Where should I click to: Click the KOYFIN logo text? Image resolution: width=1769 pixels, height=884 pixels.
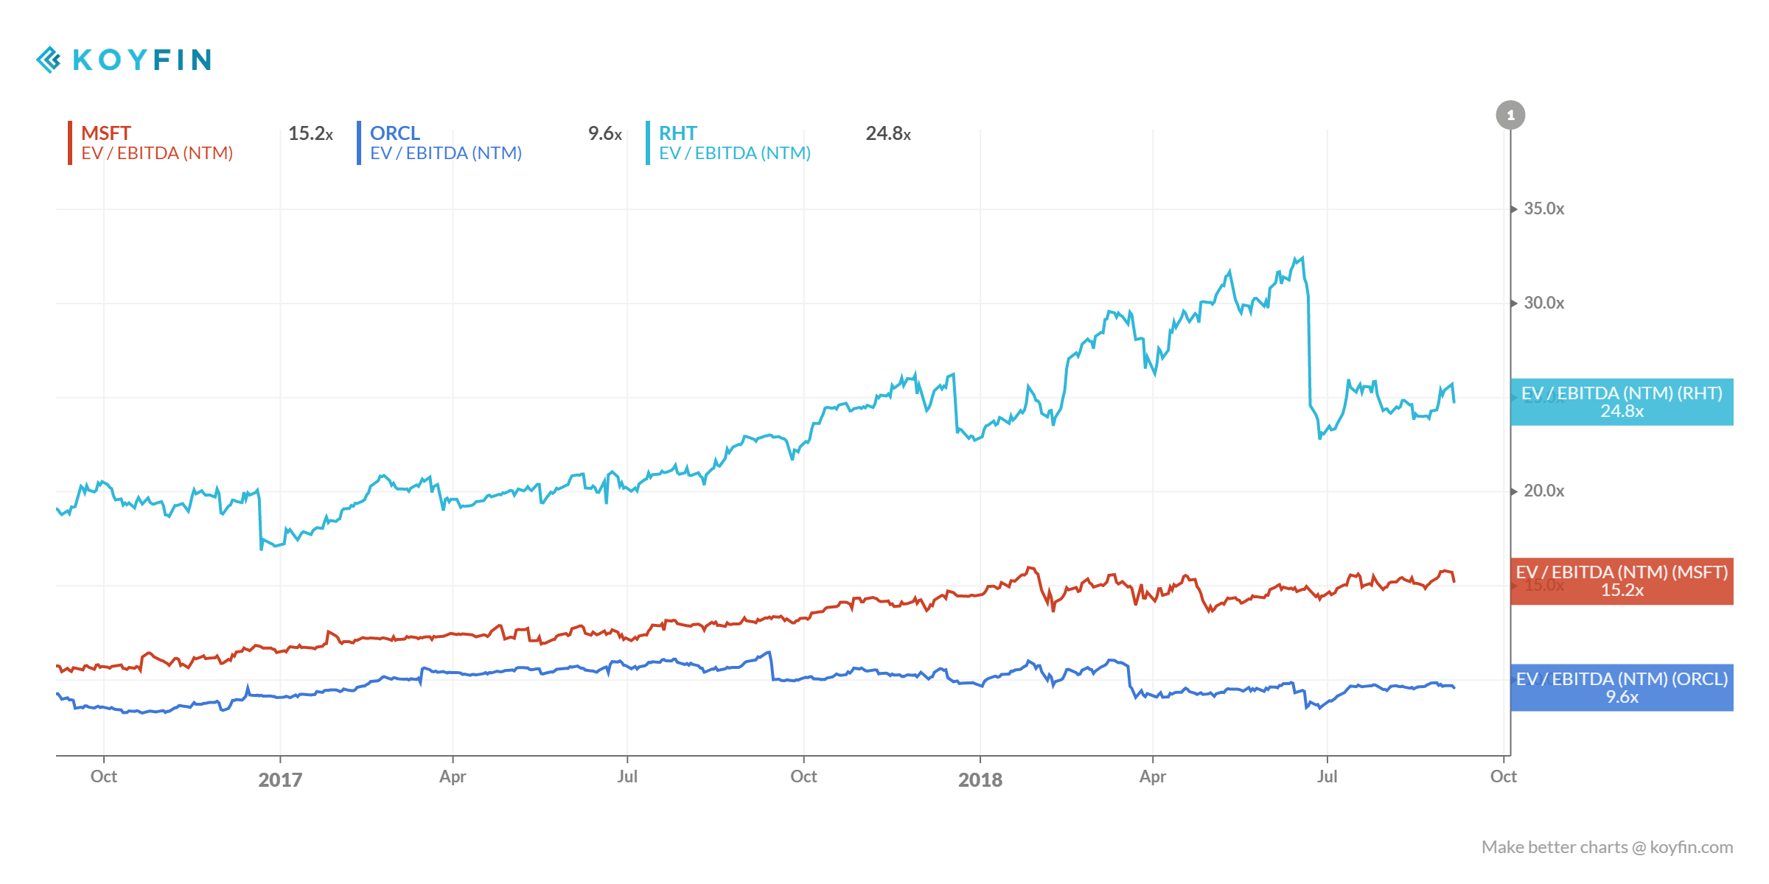click(x=142, y=60)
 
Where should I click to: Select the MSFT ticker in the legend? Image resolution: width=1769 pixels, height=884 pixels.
click(x=105, y=133)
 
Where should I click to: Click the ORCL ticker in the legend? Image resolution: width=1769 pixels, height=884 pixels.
click(x=394, y=133)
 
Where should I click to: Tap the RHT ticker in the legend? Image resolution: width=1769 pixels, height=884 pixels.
click(x=677, y=133)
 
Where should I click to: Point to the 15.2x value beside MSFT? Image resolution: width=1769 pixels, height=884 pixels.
click(x=310, y=133)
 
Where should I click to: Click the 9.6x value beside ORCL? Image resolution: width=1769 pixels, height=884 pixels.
click(x=604, y=133)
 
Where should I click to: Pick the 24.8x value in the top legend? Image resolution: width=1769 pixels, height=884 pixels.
click(x=887, y=133)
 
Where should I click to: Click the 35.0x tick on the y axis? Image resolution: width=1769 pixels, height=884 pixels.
click(x=1543, y=208)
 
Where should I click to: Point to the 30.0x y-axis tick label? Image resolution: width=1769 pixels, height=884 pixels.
click(x=1543, y=303)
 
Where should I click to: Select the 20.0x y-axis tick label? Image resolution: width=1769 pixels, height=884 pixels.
click(x=1543, y=491)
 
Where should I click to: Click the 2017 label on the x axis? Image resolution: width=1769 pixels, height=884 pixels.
click(x=280, y=779)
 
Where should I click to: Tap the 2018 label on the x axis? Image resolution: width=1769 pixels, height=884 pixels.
click(x=980, y=779)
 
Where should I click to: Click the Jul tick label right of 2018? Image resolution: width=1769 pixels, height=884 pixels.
click(x=1327, y=776)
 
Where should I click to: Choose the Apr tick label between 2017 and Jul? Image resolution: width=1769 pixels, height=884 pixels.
click(x=453, y=776)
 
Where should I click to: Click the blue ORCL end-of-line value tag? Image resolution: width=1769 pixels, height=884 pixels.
click(x=1622, y=687)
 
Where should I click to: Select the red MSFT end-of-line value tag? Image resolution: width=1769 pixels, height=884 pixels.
click(x=1622, y=581)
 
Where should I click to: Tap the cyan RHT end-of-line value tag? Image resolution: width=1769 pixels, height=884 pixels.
click(x=1622, y=401)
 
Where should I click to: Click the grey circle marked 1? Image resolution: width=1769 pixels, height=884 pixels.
click(x=1510, y=115)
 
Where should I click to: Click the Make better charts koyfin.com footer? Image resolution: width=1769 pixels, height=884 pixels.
click(x=1607, y=847)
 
